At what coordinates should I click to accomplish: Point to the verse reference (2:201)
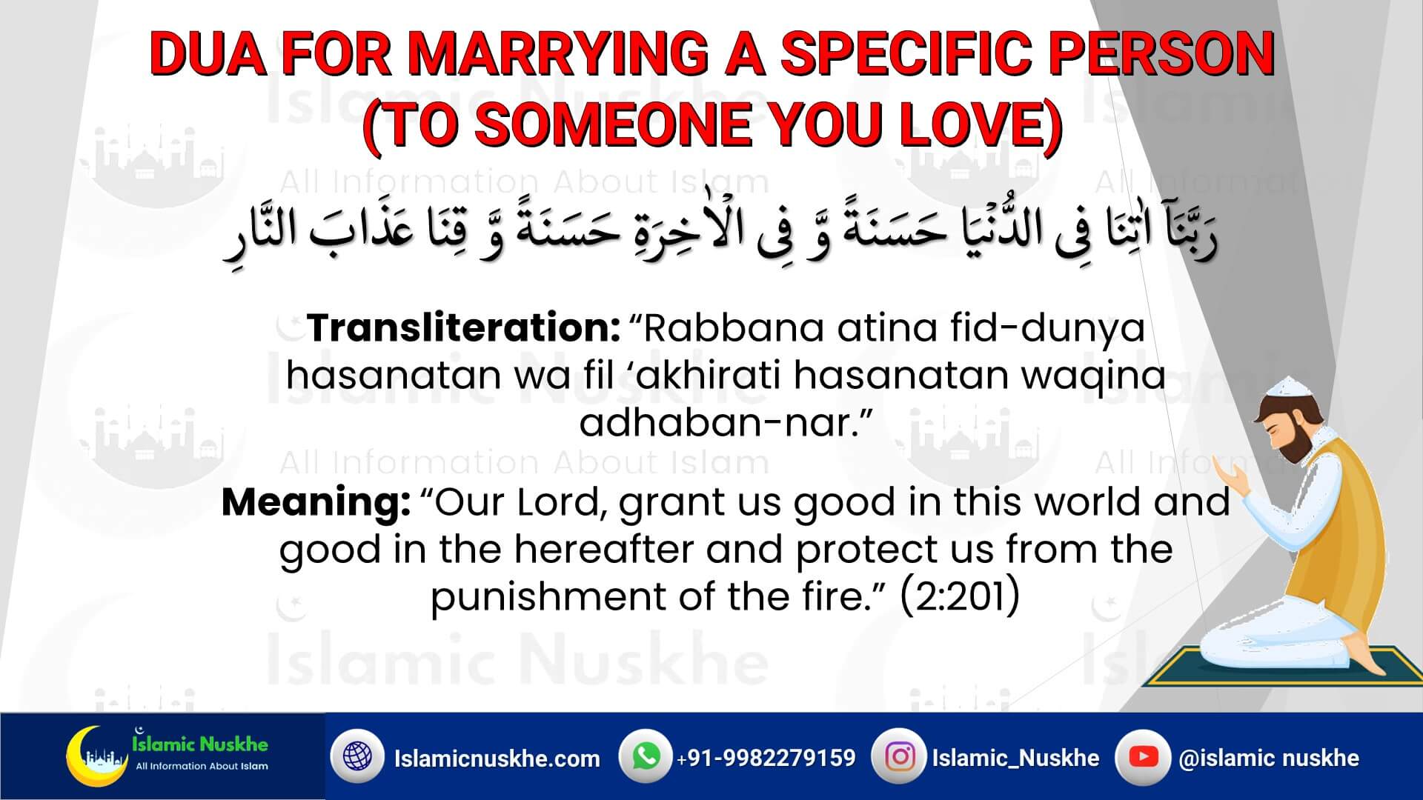960,597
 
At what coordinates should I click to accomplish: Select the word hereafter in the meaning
603,550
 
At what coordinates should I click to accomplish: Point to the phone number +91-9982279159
766,758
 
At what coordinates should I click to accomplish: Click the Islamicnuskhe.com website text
497,758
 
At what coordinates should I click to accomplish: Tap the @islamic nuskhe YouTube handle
1269,758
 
